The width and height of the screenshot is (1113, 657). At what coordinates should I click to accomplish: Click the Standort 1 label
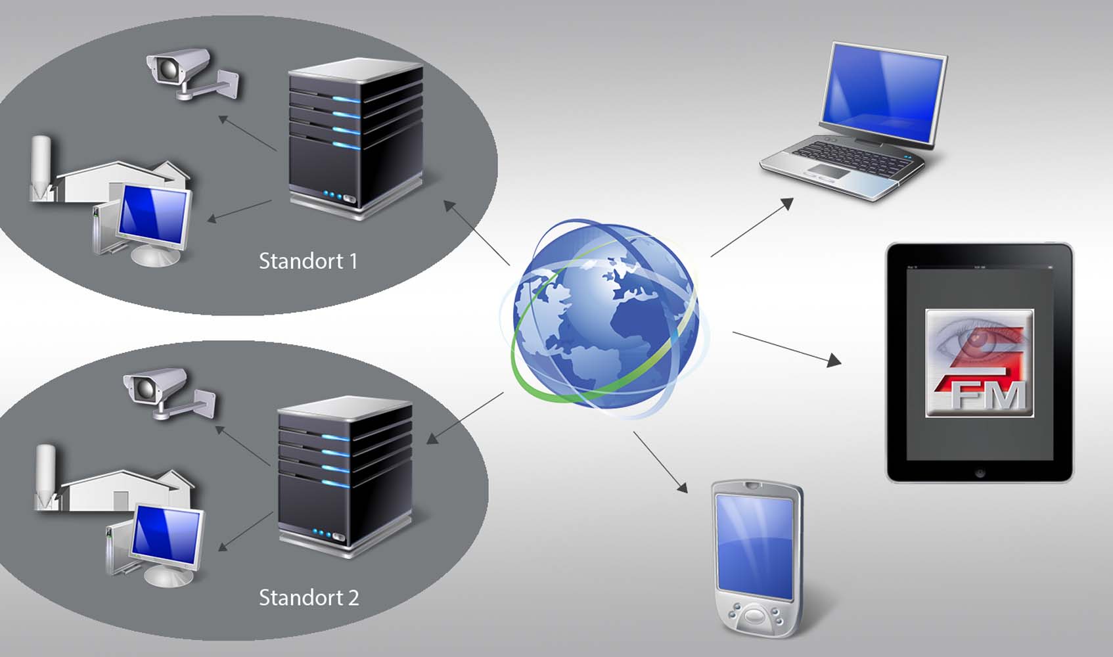pyautogui.click(x=307, y=261)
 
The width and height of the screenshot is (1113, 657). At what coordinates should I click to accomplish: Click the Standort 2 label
pyautogui.click(x=308, y=598)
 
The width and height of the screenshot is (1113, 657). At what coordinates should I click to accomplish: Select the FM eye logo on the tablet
pyautogui.click(x=980, y=363)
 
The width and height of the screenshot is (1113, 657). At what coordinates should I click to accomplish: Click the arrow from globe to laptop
pyautogui.click(x=752, y=227)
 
